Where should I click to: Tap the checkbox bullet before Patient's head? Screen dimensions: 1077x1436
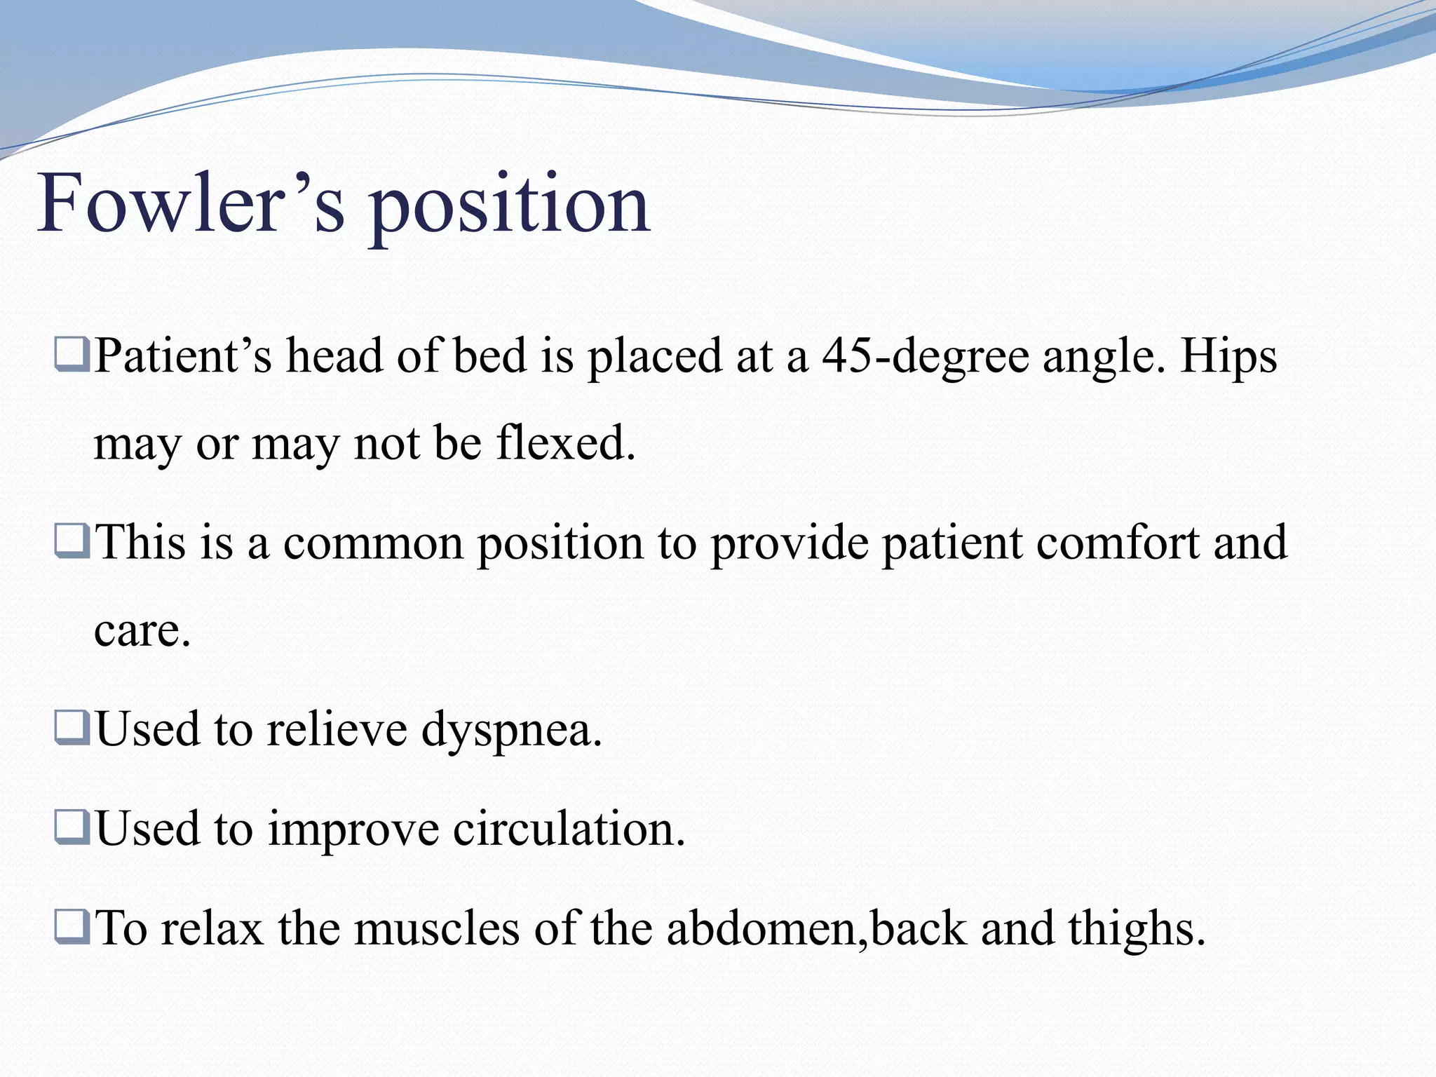72,355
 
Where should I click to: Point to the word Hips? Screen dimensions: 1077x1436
1228,356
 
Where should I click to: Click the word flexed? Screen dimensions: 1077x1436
565,443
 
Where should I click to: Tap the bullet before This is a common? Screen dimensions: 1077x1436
72,541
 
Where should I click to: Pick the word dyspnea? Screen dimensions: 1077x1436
510,731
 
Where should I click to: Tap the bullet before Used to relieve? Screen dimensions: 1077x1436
72,728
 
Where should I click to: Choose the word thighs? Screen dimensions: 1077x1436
1136,930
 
